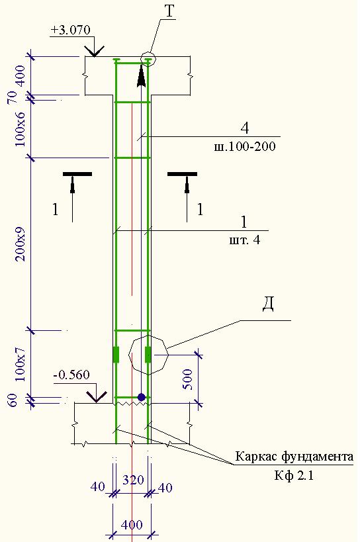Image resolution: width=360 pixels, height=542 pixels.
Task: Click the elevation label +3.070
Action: point(71,30)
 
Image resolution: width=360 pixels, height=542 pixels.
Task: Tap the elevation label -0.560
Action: point(72,375)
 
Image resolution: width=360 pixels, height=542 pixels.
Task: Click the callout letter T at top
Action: point(169,11)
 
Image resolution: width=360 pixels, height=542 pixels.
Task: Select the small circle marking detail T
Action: point(148,59)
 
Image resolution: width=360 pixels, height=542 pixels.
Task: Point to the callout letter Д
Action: point(268,304)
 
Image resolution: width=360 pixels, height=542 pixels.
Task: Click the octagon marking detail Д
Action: point(128,354)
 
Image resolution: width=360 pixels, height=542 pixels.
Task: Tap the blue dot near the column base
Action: point(142,397)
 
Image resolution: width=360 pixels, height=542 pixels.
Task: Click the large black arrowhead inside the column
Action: point(141,76)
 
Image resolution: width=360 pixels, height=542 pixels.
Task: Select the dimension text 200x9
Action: point(21,244)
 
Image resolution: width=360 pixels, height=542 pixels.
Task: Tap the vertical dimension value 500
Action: point(187,379)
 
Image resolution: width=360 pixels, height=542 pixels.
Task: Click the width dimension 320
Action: point(133,480)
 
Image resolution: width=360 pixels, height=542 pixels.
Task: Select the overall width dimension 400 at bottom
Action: point(132,525)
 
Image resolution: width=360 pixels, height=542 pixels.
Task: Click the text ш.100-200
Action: point(245,146)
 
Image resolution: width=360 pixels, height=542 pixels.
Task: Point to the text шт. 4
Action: point(245,240)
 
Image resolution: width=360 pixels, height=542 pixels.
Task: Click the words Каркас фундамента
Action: point(294,457)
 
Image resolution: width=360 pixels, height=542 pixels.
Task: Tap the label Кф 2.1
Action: point(294,476)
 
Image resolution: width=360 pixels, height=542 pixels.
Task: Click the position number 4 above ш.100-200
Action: point(245,128)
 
